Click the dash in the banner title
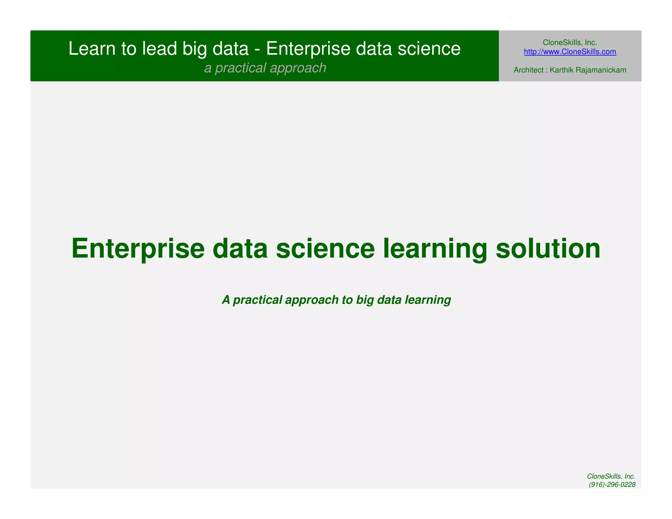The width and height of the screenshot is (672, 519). point(257,49)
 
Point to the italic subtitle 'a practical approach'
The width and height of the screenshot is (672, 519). point(265,68)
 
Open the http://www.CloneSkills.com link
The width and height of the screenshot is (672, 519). point(570,52)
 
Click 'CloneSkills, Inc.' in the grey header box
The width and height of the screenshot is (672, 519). point(570,42)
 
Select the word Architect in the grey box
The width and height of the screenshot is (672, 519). point(528,70)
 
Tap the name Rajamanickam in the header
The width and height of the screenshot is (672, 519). point(601,70)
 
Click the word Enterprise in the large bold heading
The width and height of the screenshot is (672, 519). point(138,249)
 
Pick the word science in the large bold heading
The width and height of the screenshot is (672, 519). point(325,249)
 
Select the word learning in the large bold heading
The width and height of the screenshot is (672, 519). point(435,249)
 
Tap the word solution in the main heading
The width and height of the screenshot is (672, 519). point(548,249)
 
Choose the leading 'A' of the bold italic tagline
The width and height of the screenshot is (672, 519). point(226,300)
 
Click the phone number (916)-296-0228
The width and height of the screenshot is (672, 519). point(612,485)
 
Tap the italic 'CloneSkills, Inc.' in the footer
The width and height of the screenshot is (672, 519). point(611,476)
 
